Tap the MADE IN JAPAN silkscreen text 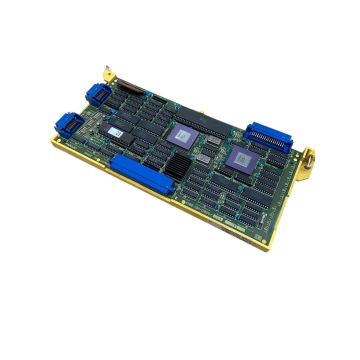pyautogui.click(x=95, y=158)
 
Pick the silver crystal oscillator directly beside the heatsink pyautogui.click(x=202, y=159)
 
